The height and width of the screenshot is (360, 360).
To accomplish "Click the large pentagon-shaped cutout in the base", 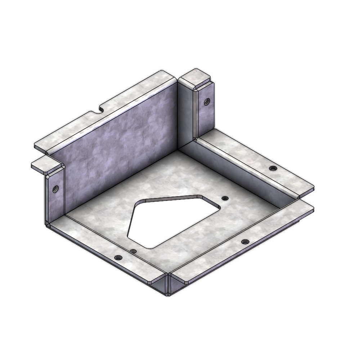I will pyautogui.click(x=169, y=220).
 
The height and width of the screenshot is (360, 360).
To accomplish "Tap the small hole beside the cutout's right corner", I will pyautogui.click(x=225, y=198).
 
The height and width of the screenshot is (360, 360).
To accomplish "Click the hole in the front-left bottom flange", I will pyautogui.click(x=118, y=258).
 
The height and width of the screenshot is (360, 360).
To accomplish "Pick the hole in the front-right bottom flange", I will pyautogui.click(x=245, y=241).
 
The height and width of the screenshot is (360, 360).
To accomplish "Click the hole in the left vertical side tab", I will pyautogui.click(x=56, y=188).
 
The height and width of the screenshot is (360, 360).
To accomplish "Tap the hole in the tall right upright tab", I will pyautogui.click(x=206, y=101).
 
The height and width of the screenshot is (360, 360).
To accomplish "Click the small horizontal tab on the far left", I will pyautogui.click(x=41, y=165).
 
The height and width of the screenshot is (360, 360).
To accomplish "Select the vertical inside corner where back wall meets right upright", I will pyautogui.click(x=179, y=115).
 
